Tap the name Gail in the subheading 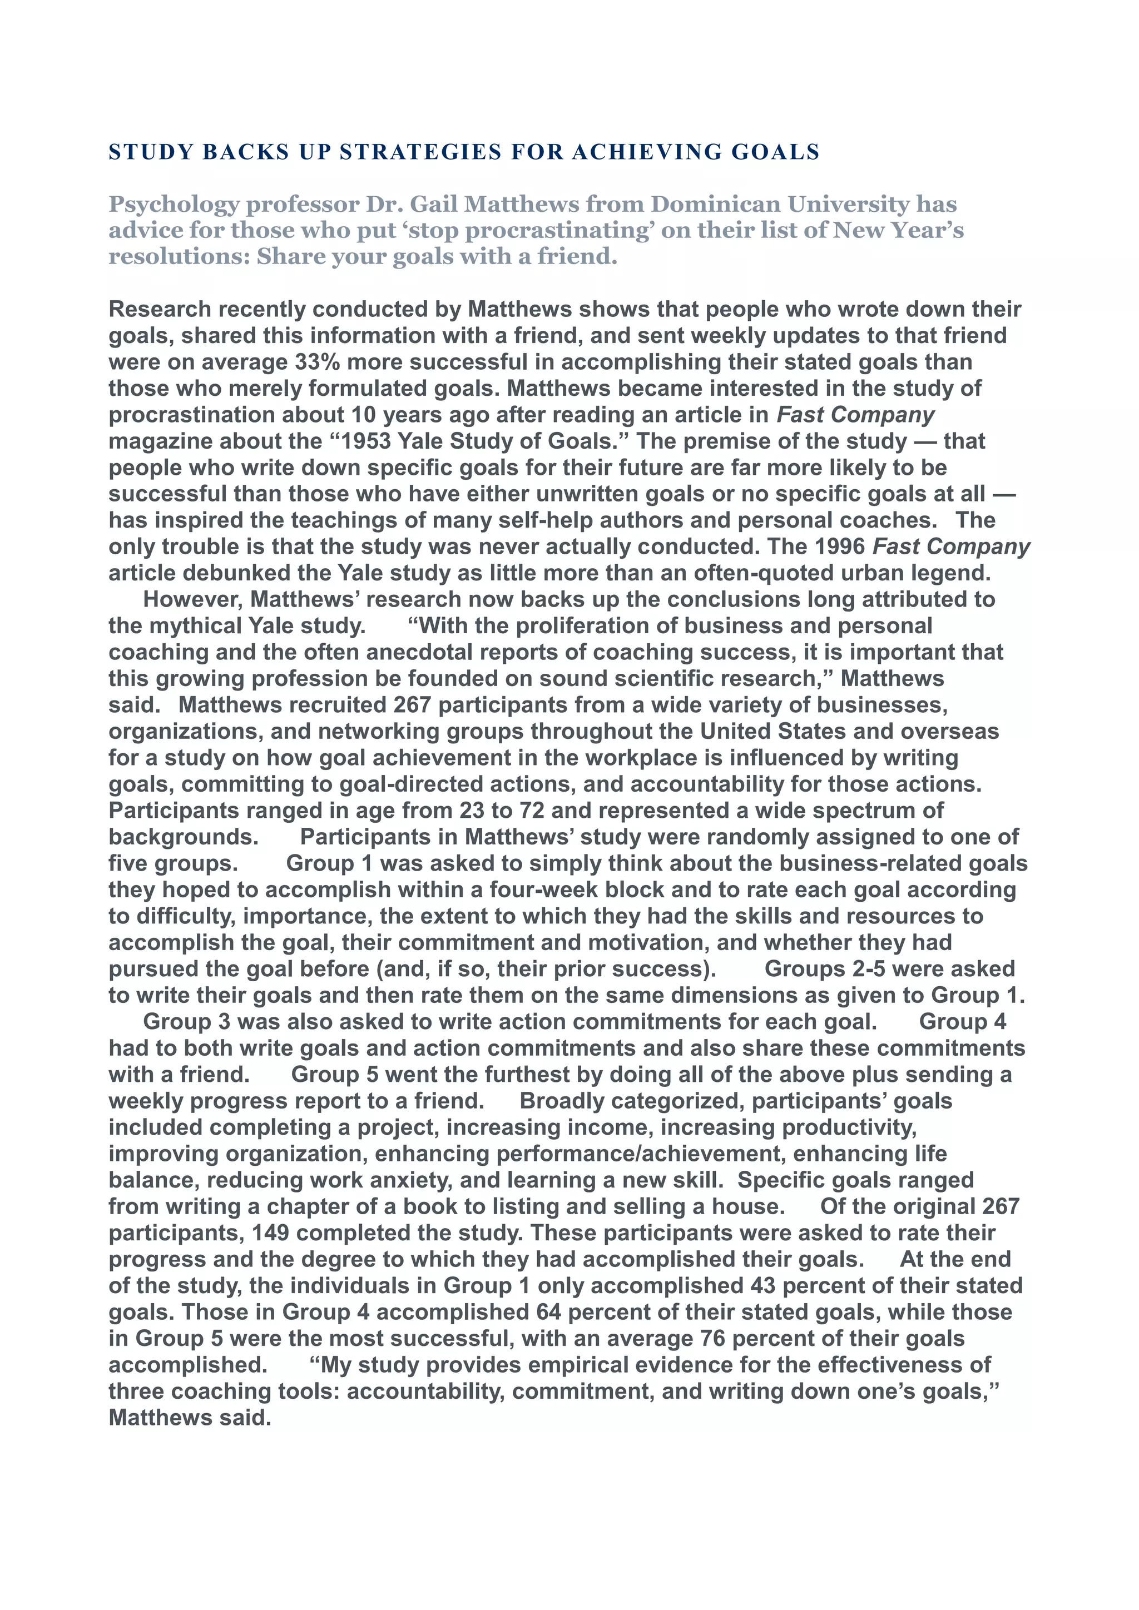click(x=434, y=204)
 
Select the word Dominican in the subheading click(x=715, y=204)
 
